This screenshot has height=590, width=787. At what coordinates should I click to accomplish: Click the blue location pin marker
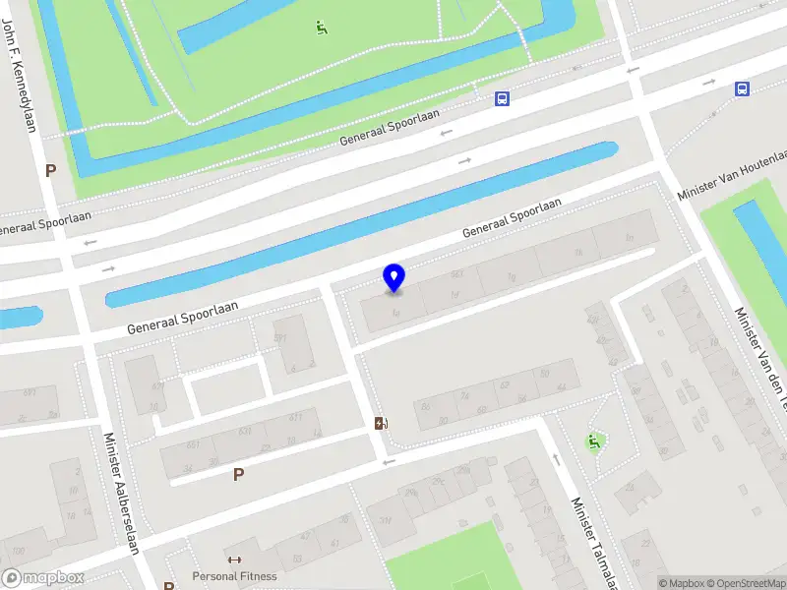(393, 277)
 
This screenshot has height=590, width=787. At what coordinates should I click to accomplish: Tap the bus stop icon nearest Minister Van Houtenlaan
(742, 89)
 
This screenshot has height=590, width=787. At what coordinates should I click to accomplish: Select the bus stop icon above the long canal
(502, 98)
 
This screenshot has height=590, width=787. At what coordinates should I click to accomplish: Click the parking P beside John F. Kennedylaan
(50, 169)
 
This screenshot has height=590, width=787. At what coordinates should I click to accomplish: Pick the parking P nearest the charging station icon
(238, 475)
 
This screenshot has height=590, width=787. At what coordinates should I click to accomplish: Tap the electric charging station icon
(381, 424)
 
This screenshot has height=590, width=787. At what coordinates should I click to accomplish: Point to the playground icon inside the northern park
(322, 28)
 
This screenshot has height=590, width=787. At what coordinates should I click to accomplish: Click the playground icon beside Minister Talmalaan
(593, 442)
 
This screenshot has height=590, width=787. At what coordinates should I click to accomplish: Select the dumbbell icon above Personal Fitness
(234, 560)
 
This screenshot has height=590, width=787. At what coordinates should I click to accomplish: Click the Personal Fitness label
(234, 576)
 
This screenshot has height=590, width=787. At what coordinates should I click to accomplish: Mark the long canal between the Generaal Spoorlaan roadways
(364, 224)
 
